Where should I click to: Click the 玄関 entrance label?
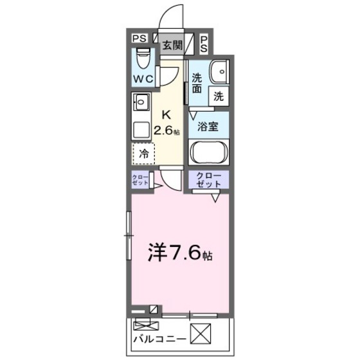coord(171,45)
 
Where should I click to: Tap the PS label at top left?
coord(139,39)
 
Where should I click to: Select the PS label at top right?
coord(203,44)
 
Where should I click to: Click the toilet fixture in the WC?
coord(143,55)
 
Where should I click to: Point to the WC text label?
coord(143,78)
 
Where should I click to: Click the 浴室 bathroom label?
coord(208,126)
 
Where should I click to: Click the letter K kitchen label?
coord(166,115)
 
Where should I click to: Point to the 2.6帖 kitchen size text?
coord(166,130)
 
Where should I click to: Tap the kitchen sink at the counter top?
coord(141,102)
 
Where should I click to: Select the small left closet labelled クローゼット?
coord(140,181)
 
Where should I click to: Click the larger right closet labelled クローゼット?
coord(209,181)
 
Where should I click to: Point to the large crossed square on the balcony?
coord(215,334)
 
